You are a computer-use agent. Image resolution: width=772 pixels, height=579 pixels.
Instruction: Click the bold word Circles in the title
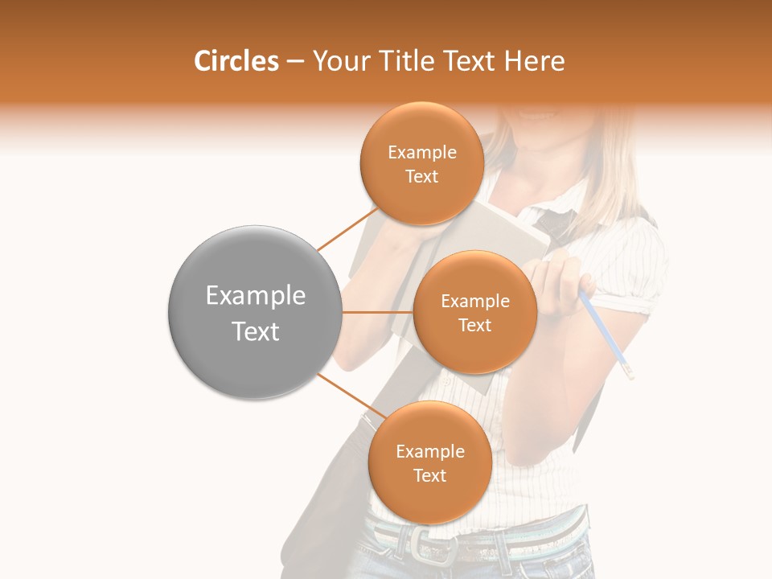click(x=236, y=61)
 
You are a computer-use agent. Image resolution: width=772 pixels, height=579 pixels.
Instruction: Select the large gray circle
click(x=254, y=312)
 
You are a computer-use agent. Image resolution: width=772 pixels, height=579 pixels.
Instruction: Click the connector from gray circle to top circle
click(x=347, y=230)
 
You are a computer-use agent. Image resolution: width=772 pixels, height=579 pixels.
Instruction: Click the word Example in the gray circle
click(x=256, y=296)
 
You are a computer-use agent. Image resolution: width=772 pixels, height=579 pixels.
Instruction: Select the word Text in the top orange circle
click(x=421, y=177)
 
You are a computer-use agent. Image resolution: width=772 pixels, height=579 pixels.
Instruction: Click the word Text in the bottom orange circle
click(x=429, y=476)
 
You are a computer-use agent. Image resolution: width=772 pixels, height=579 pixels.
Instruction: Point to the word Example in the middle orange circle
click(x=474, y=302)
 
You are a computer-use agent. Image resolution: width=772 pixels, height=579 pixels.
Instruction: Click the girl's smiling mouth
click(x=536, y=115)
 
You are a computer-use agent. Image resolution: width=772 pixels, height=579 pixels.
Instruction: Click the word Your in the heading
click(x=339, y=61)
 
